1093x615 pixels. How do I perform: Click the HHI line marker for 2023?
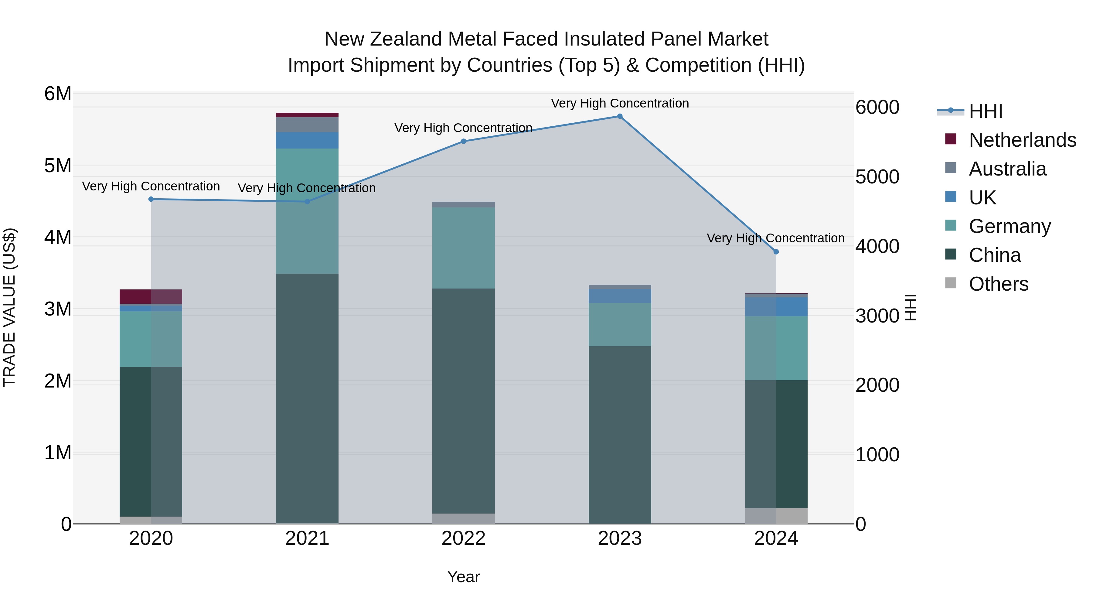619,116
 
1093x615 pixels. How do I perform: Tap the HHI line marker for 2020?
151,199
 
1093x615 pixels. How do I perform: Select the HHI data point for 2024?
776,252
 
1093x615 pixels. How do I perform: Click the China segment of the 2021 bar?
307,399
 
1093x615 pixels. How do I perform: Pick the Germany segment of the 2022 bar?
463,248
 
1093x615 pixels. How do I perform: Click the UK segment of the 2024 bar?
776,306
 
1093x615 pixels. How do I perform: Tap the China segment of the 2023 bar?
619,435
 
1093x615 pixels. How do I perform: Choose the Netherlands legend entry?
1022,140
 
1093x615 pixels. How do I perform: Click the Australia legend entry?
1007,169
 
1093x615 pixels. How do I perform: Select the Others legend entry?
998,284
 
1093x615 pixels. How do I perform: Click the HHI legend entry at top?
985,111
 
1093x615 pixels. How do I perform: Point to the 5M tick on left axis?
58,166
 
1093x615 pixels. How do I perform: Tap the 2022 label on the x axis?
463,538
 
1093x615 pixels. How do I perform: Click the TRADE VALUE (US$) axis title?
9,308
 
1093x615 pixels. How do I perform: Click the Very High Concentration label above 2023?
619,103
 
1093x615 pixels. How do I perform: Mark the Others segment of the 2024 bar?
776,516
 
